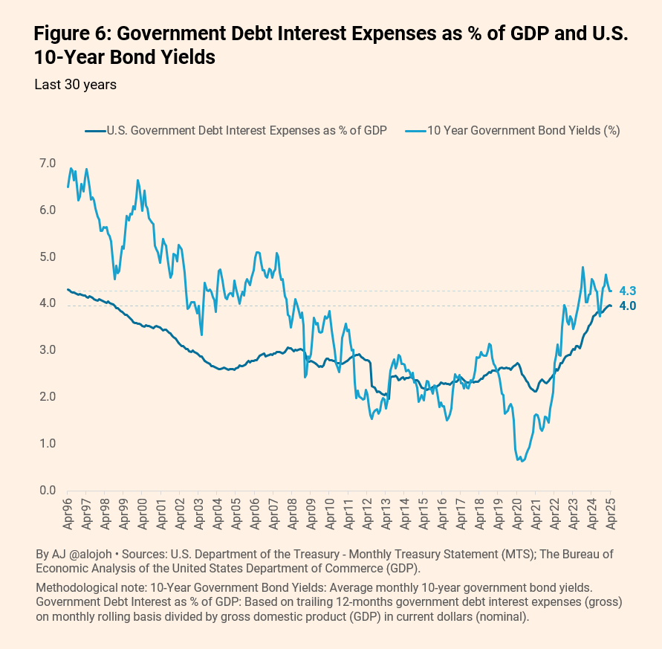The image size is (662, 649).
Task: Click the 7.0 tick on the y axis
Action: [x=48, y=163]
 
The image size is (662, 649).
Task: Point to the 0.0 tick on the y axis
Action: [x=48, y=490]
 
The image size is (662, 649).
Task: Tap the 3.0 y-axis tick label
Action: [x=48, y=350]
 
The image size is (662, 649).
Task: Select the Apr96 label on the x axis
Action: [x=68, y=514]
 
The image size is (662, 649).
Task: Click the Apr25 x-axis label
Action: [x=611, y=514]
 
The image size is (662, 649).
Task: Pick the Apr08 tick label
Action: [x=292, y=514]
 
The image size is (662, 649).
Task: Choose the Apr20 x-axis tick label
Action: [x=517, y=514]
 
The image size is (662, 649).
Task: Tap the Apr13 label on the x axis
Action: [x=386, y=514]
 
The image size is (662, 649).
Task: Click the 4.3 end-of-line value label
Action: [x=627, y=291]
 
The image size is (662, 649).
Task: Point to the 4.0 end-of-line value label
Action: [x=627, y=306]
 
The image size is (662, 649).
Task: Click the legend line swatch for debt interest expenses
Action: [x=95, y=131]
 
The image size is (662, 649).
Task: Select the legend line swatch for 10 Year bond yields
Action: [x=416, y=131]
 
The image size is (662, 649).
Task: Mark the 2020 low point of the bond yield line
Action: [x=522, y=461]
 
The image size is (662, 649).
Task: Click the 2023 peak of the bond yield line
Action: [x=583, y=267]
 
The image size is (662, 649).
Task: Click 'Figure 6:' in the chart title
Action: [x=72, y=33]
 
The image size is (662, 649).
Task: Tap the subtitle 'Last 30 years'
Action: [x=76, y=85]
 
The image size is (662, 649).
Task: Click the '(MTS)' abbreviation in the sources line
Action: [x=517, y=555]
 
